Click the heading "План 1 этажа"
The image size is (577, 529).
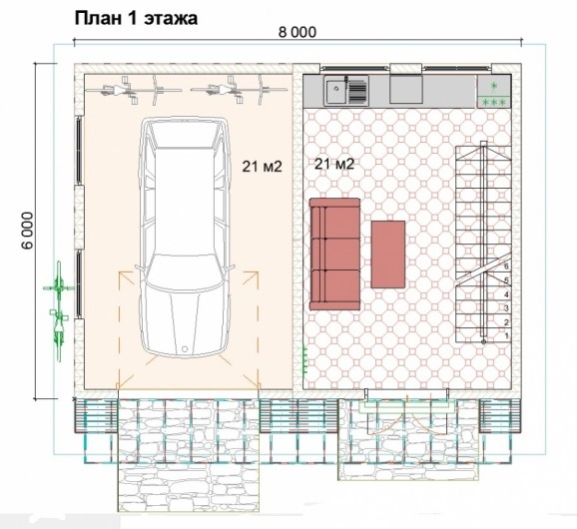click(136, 19)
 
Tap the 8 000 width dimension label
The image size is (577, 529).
click(297, 32)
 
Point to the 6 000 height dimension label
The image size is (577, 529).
click(28, 231)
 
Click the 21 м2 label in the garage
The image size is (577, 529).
click(262, 167)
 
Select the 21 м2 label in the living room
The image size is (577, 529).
click(334, 164)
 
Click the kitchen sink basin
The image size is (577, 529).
click(335, 91)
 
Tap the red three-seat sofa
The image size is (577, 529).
click(334, 254)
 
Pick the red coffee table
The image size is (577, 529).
click(388, 255)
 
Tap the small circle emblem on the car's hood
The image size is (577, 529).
click(185, 348)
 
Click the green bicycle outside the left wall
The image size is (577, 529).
click(59, 310)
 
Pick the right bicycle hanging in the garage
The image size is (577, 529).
click(240, 90)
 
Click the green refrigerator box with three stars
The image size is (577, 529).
click(494, 92)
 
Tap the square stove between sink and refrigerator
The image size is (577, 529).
click(406, 90)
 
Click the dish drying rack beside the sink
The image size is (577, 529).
click(357, 91)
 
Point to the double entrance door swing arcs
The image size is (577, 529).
click(407, 415)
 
